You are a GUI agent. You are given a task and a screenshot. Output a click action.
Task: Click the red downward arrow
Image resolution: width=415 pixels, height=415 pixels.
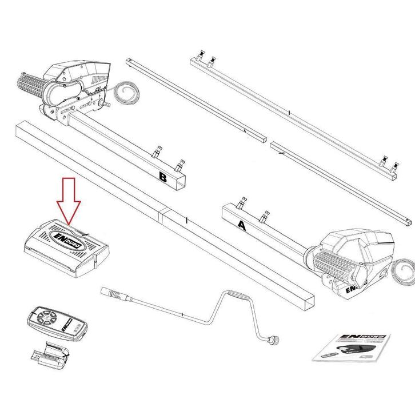68,200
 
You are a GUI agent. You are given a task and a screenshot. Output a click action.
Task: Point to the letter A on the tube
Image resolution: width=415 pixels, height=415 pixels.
241,225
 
